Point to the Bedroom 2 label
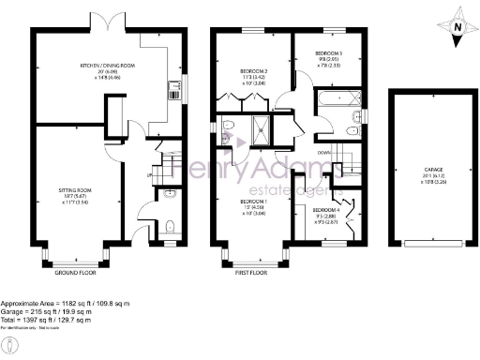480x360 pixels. pyautogui.click(x=253, y=72)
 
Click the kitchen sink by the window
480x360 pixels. pyautogui.click(x=174, y=90)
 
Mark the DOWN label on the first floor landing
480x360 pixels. pyautogui.click(x=324, y=152)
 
